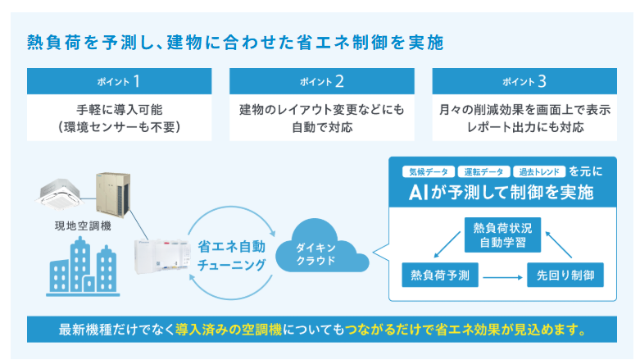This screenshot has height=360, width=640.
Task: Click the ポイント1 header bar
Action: (x=120, y=81)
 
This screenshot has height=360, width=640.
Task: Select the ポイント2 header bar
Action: (x=321, y=81)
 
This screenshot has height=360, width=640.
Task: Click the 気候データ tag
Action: (x=428, y=172)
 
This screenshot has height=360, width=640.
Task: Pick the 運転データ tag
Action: (x=483, y=172)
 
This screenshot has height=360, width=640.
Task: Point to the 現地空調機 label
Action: (x=70, y=222)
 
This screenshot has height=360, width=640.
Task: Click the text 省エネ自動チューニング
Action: (x=231, y=254)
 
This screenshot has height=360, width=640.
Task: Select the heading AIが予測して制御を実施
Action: (x=501, y=194)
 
